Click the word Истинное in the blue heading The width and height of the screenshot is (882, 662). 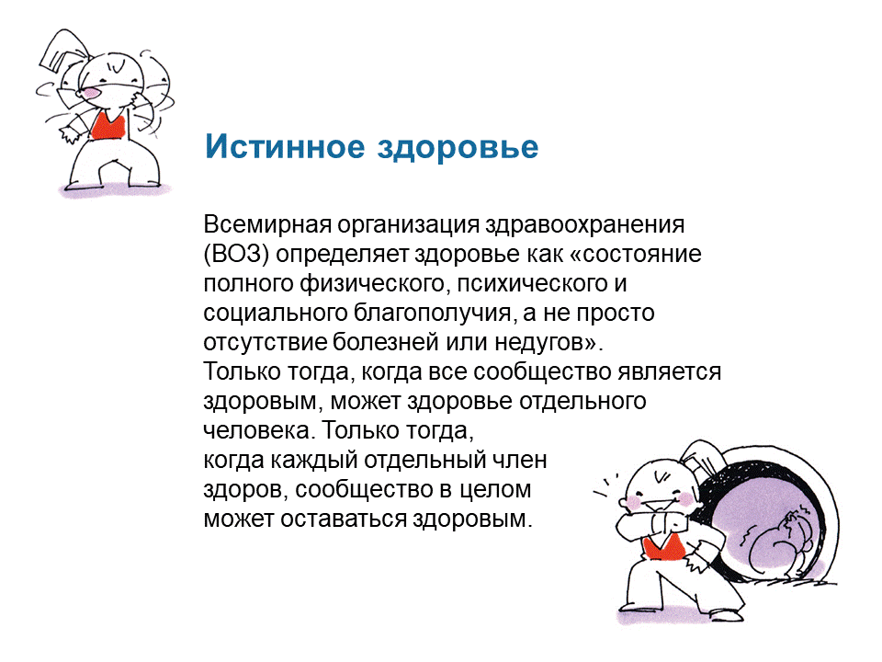285,146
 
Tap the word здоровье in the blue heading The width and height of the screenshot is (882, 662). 458,147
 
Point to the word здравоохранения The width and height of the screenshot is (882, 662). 585,225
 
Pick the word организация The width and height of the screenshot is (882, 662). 408,225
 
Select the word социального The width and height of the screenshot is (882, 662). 276,313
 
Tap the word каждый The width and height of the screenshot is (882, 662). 314,461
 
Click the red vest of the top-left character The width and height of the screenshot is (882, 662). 108,126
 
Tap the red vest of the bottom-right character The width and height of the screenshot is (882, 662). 664,547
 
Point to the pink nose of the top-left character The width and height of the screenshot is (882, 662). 89,92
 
